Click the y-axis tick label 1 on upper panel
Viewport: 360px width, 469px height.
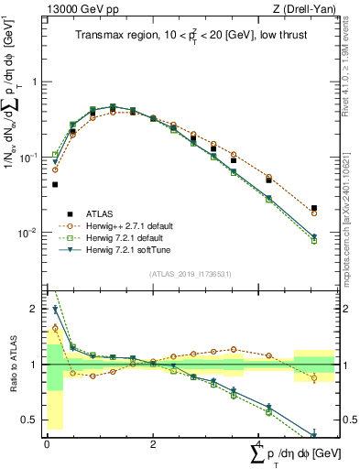click(x=34, y=82)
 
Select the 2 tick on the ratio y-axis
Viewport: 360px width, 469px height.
click(x=34, y=309)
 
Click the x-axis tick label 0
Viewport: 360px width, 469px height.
click(x=47, y=443)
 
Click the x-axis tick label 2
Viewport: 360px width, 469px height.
click(x=153, y=443)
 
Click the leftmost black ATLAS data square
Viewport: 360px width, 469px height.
click(x=55, y=184)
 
